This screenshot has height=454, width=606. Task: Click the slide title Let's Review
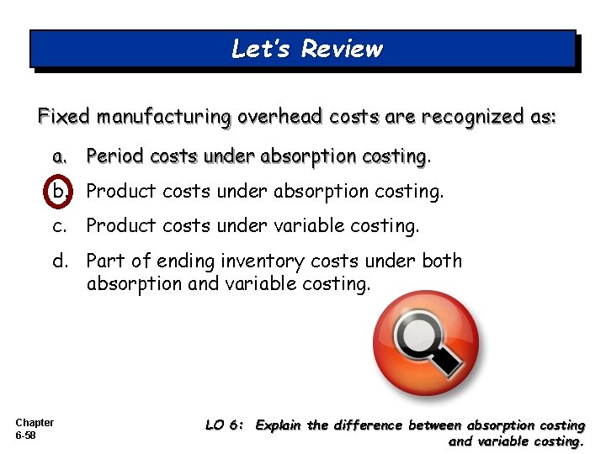coord(306,49)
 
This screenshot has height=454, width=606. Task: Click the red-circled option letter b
coord(60,191)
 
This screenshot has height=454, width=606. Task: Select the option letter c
coord(59,225)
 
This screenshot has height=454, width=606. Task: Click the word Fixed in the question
coord(63,117)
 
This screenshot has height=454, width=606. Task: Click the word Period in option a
coord(114,156)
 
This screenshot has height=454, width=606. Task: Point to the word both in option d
coord(441,261)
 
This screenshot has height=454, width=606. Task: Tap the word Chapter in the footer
coord(35,423)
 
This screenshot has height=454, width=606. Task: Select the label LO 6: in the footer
coord(225,425)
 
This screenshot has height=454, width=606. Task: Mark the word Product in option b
coord(117,191)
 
